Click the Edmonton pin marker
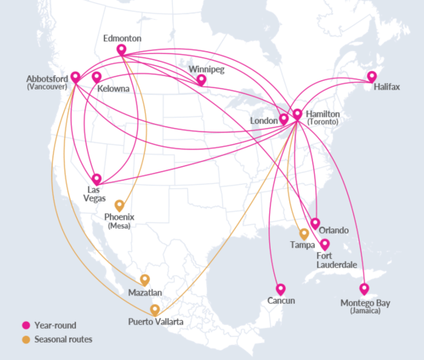click(x=121, y=49)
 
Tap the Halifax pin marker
click(x=372, y=77)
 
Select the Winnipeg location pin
click(x=201, y=79)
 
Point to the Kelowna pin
click(x=97, y=77)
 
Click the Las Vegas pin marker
click(x=96, y=179)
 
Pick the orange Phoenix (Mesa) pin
click(x=119, y=205)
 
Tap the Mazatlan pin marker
click(x=144, y=279)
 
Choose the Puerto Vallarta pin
click(x=155, y=310)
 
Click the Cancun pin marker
click(x=281, y=289)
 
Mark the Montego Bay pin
click(x=364, y=288)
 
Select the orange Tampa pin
click(x=304, y=234)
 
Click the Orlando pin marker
click(x=315, y=223)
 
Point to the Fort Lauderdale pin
click(x=325, y=244)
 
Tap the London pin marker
click(x=284, y=119)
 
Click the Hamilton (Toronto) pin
click(x=296, y=115)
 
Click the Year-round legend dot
click(x=26, y=325)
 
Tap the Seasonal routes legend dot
click(x=26, y=339)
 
